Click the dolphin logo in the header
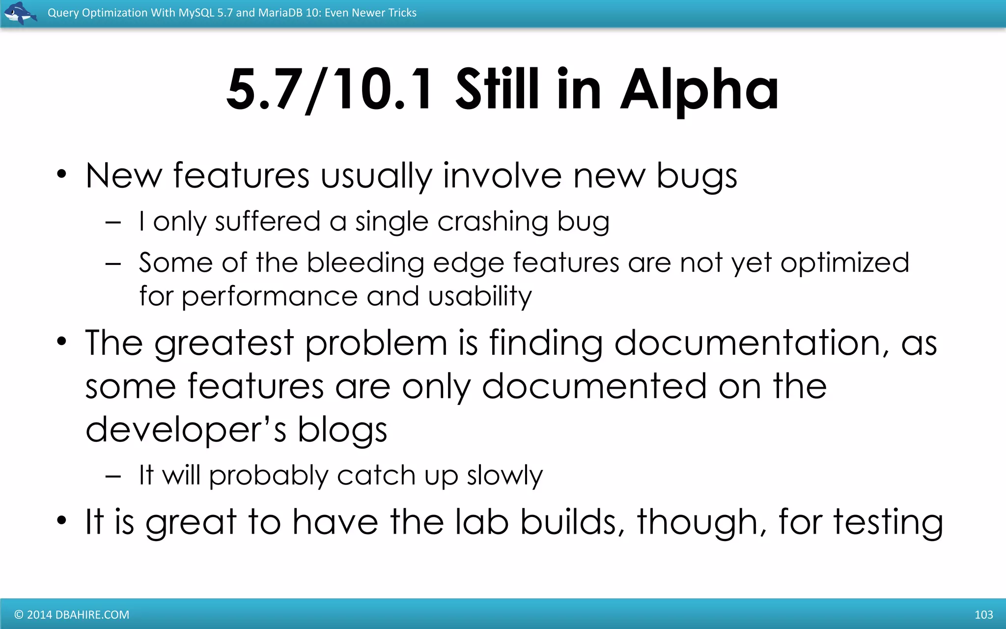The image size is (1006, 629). [x=20, y=13]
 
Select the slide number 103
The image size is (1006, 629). [x=983, y=615]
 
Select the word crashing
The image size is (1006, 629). [x=493, y=222]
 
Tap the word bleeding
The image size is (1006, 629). [x=365, y=263]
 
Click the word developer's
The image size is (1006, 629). [x=186, y=429]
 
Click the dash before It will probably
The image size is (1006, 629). [x=113, y=476]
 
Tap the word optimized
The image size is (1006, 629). [x=845, y=263]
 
